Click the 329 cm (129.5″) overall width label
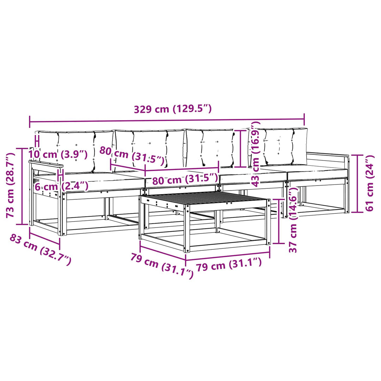pos(173,109)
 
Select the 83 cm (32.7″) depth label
pos(41,249)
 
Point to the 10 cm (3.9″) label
pos(58,154)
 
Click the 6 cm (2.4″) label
pos(61,187)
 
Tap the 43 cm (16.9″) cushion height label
pos(255,154)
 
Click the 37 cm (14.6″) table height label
pos(293,220)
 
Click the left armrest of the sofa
pos(46,164)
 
